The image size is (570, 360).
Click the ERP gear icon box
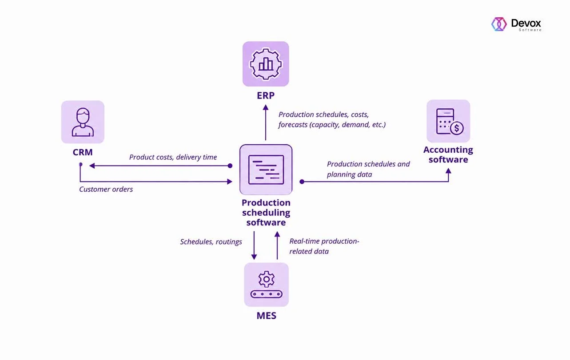[266, 64]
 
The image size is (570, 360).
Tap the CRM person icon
[83, 122]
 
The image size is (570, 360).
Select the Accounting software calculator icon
[448, 121]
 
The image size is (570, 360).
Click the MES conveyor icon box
[267, 285]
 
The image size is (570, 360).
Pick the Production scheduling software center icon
[266, 170]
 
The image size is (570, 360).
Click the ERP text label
[266, 95]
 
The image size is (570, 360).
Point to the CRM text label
[83, 152]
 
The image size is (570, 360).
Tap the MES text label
[267, 316]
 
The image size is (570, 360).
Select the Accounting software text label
[448, 154]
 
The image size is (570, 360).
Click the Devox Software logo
[516, 24]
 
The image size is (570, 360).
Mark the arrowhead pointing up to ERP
[266, 107]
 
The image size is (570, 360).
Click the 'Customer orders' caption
[106, 190]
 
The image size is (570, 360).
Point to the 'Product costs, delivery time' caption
[173, 157]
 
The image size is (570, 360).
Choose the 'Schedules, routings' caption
[211, 242]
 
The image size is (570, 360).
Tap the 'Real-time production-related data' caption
[324, 246]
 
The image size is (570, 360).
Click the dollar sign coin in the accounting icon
[457, 128]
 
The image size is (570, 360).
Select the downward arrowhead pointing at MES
[254, 257]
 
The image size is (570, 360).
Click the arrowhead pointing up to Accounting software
[449, 171]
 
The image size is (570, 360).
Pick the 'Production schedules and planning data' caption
[368, 169]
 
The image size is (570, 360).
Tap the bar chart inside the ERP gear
[266, 64]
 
